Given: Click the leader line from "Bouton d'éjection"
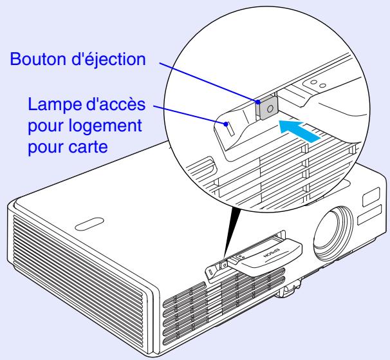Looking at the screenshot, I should [206, 81].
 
